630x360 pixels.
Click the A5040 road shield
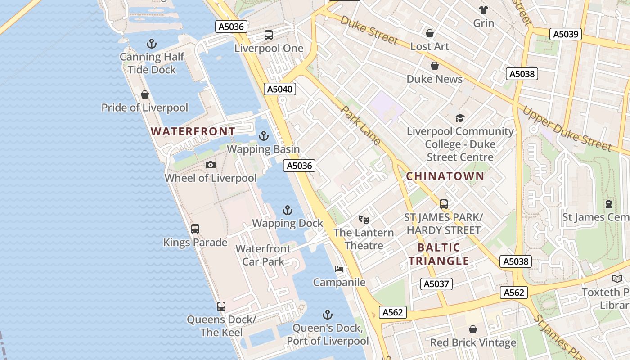click(280, 89)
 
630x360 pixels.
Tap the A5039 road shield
click(567, 34)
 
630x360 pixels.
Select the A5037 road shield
click(436, 283)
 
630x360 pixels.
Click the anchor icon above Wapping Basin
click(263, 136)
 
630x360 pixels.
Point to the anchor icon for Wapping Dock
click(287, 210)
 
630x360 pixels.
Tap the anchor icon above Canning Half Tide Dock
click(152, 44)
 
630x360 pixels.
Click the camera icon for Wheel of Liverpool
click(210, 165)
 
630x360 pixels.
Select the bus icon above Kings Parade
click(195, 229)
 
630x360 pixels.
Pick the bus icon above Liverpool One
click(269, 35)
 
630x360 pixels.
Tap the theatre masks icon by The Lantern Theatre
click(364, 220)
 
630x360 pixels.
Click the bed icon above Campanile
click(339, 269)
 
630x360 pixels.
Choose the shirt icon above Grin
click(484, 10)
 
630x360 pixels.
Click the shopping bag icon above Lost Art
click(429, 33)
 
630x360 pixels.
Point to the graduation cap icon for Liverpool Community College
click(460, 118)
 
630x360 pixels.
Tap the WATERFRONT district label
click(193, 131)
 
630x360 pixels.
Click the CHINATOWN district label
click(445, 176)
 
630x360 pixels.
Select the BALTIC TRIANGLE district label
click(439, 254)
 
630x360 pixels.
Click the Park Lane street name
click(360, 125)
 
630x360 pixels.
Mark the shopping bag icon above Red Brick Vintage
click(472, 330)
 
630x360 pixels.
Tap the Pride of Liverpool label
click(144, 108)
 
